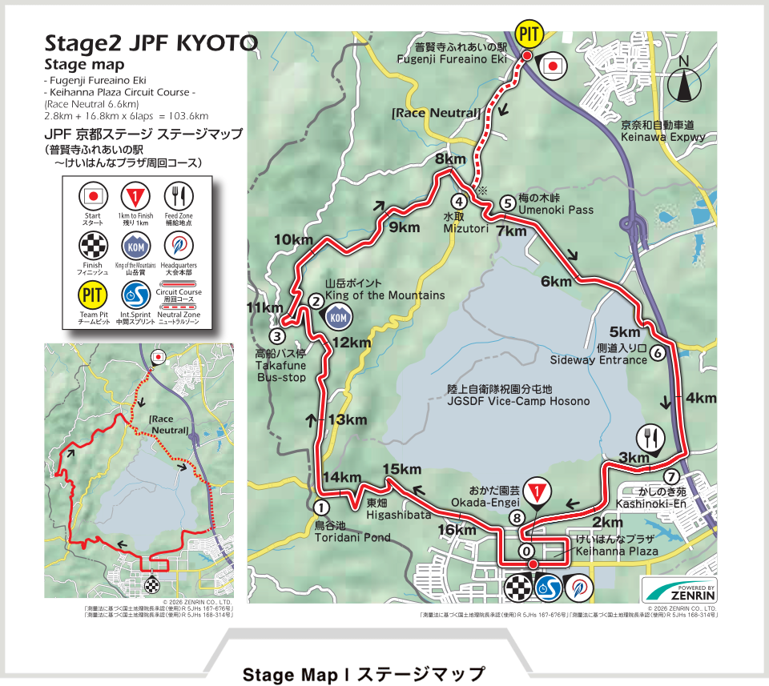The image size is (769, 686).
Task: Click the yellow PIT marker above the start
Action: click(x=528, y=33)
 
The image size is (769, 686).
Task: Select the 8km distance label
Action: click(x=450, y=159)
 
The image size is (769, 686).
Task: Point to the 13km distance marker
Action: click(x=347, y=420)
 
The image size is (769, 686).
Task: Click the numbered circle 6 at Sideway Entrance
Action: click(x=657, y=351)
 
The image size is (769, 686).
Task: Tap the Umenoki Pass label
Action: click(x=556, y=210)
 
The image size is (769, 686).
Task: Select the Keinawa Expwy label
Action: click(x=662, y=131)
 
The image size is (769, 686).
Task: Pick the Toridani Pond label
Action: click(x=352, y=532)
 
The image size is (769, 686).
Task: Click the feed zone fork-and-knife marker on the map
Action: click(x=650, y=438)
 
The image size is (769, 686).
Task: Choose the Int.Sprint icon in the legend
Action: click(x=135, y=295)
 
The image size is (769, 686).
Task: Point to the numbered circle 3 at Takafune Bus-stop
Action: click(x=276, y=336)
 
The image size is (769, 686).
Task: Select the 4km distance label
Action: click(x=701, y=398)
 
